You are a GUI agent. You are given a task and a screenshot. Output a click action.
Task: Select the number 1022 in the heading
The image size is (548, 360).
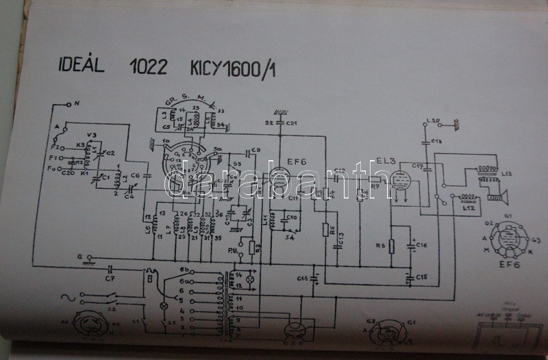(148, 68)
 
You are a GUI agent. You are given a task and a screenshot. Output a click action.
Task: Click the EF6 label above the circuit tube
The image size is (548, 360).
(297, 162)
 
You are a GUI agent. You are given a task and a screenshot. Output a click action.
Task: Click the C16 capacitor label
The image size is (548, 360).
(421, 244)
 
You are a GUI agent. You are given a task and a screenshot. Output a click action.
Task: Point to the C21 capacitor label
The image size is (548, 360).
(292, 123)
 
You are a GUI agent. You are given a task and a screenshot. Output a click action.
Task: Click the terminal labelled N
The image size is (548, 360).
(76, 103)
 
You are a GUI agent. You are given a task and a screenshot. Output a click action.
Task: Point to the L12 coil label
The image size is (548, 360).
(469, 207)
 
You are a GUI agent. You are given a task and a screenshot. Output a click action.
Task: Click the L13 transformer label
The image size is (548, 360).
(507, 173)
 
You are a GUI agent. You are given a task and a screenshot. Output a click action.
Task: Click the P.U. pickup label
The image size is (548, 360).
(241, 250)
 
